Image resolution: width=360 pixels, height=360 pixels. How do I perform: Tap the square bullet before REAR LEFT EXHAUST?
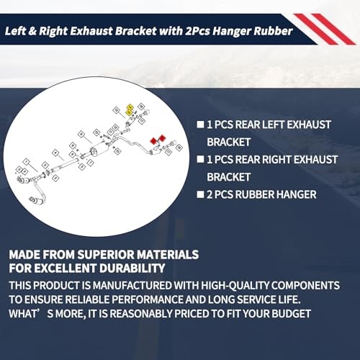point(200,123)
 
